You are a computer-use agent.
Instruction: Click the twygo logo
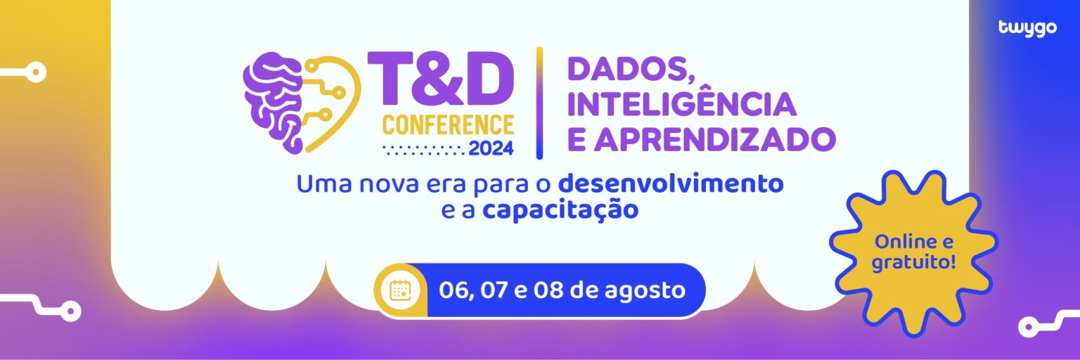point(1027,28)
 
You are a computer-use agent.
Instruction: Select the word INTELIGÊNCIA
point(681,104)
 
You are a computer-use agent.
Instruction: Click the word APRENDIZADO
point(714,139)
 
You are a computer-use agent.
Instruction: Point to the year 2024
point(491,148)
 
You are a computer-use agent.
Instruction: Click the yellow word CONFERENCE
point(448,125)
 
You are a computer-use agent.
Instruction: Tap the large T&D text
point(441,79)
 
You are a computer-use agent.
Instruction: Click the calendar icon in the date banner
point(399,290)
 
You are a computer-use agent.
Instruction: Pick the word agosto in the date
point(645,291)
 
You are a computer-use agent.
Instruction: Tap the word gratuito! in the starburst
point(913,264)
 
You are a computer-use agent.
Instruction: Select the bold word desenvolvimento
point(671,184)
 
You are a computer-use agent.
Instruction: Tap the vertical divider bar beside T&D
point(539,103)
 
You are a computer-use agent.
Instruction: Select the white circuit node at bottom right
point(1029,327)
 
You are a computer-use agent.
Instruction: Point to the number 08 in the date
point(550,290)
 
